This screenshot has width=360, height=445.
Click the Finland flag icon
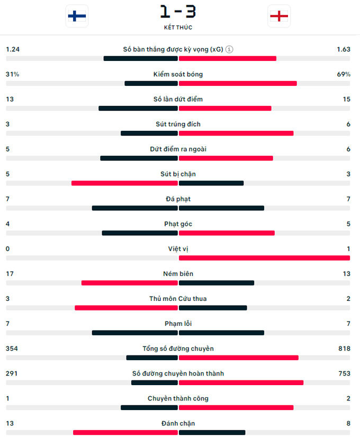pos(77,16)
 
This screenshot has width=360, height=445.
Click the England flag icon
pos(278,16)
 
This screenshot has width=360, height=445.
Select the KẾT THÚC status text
pos(178,27)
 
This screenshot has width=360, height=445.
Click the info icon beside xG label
pos(229,49)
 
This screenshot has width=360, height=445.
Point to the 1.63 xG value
pos(343,49)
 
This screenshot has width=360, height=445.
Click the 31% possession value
pos(12,74)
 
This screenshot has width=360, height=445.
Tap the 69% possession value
pos(344,74)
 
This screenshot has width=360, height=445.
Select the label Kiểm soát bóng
pos(178,74)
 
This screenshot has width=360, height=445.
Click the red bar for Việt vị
pos(264,258)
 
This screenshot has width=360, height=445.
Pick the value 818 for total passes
pos(344,349)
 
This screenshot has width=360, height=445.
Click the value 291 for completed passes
pos(12,373)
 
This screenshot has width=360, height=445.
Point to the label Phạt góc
pos(178,224)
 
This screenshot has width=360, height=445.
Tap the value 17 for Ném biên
pos(10,274)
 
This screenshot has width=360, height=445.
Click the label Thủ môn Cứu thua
pos(178,299)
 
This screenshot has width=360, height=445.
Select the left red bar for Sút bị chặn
pos(124,183)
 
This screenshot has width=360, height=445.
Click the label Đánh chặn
pos(178,423)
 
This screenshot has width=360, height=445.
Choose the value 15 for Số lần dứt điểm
pos(346,99)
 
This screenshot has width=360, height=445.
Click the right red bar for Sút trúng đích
pos(236,133)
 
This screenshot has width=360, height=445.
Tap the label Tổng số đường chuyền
pos(178,349)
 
